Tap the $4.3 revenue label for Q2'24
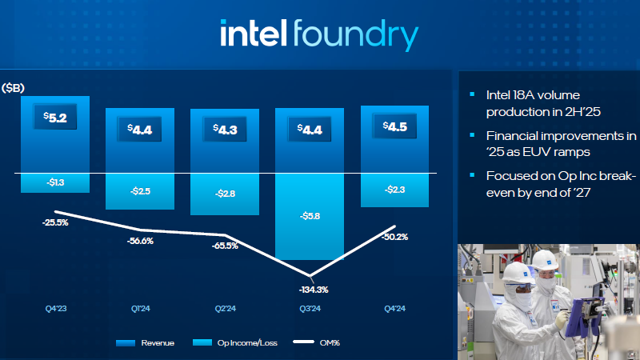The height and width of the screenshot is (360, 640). tap(224, 128)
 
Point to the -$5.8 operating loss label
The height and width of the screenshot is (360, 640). tap(309, 216)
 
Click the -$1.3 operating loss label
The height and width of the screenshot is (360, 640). tap(54, 183)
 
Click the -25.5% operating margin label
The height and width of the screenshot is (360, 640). tap(55, 222)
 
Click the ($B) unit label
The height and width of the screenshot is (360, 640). tap(14, 87)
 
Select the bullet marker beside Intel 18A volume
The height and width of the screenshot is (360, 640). tap(472, 94)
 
